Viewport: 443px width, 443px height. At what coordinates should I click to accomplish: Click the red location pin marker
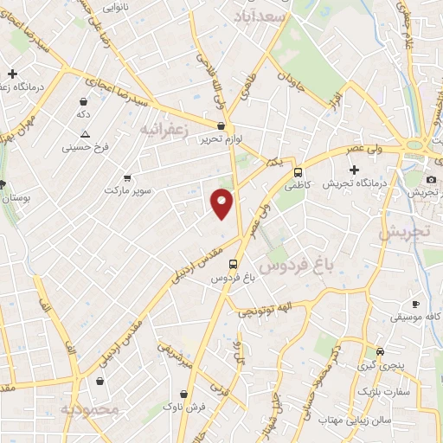click(222, 202)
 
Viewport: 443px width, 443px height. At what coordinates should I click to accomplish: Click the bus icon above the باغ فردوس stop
click(233, 265)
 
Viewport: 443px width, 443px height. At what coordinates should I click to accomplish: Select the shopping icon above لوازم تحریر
click(221, 126)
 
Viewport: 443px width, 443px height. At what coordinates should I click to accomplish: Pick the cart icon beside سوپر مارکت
click(127, 176)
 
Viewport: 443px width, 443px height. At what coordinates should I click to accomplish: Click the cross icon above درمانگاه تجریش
click(353, 170)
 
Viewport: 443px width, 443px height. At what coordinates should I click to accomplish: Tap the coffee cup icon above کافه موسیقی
click(415, 304)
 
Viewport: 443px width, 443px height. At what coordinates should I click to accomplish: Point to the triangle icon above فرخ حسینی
click(85, 134)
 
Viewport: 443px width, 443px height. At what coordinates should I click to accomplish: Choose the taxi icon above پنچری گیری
click(380, 351)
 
